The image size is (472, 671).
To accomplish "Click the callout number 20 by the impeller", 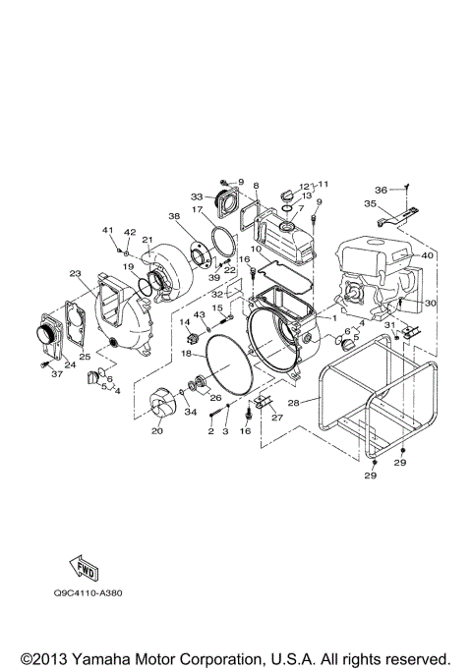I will (x=156, y=430).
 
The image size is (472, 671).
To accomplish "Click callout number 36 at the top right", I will (x=381, y=190).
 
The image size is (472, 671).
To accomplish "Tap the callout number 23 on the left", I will (x=75, y=274).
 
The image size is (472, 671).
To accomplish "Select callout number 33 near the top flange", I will (x=197, y=196).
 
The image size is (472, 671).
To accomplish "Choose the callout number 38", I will (x=174, y=216).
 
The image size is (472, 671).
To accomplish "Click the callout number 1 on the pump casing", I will (x=333, y=318).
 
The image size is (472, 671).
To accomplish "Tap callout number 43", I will (x=198, y=313).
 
